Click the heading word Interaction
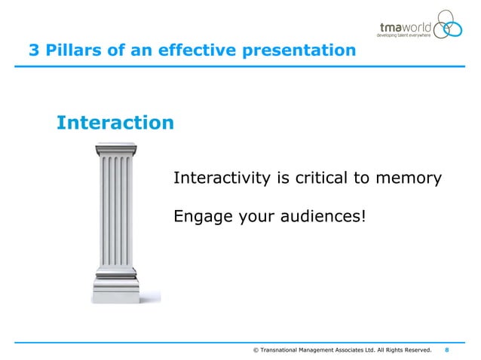(115, 122)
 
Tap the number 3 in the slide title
(34, 51)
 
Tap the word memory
(403, 178)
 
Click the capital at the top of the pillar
(113, 150)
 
